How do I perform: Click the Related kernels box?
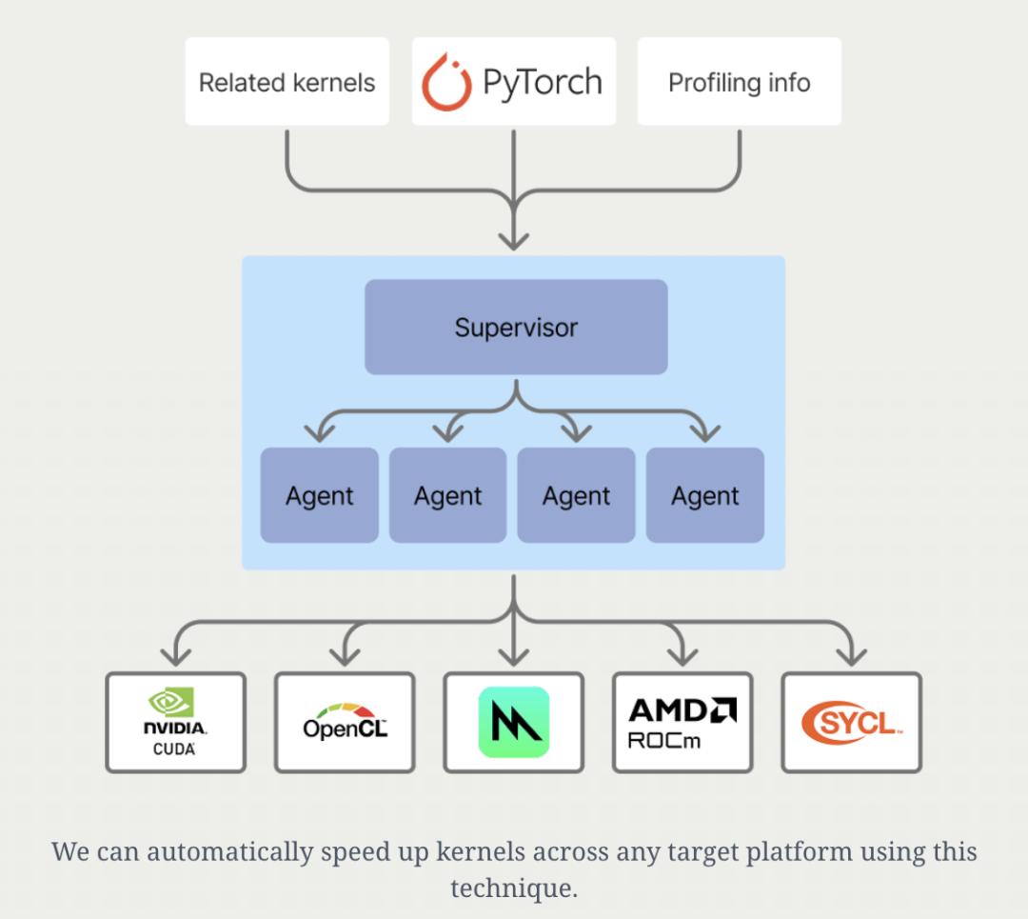[287, 81]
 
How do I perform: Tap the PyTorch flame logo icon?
[446, 82]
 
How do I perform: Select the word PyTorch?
[543, 83]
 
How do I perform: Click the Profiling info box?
[740, 81]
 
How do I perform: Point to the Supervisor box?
[516, 327]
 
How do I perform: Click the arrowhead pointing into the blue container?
[514, 240]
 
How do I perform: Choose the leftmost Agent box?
[319, 495]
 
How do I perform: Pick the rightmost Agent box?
[704, 495]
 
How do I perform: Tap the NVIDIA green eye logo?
[171, 702]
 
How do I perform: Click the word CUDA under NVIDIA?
[174, 749]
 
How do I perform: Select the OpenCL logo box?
[345, 722]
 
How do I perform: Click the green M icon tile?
[514, 722]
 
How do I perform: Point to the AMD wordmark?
[682, 710]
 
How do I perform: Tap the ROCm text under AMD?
[664, 741]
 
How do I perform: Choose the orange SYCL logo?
[852, 722]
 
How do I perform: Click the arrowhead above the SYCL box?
[852, 656]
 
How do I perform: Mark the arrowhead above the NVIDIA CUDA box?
[176, 656]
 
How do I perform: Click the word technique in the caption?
[513, 889]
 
